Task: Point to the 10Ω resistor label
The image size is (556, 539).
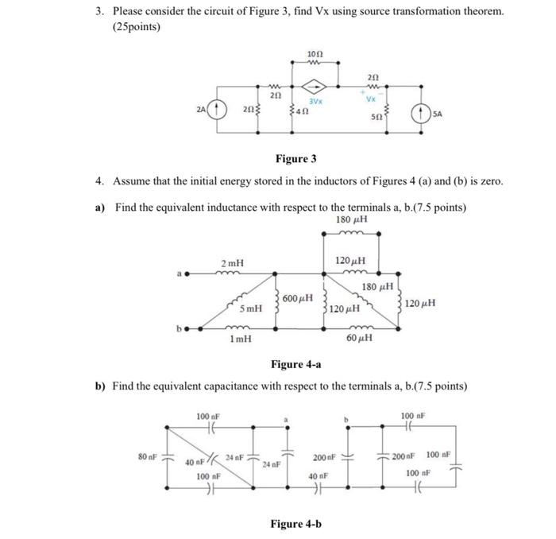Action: click(x=314, y=53)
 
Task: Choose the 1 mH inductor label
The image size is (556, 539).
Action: click(x=241, y=338)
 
